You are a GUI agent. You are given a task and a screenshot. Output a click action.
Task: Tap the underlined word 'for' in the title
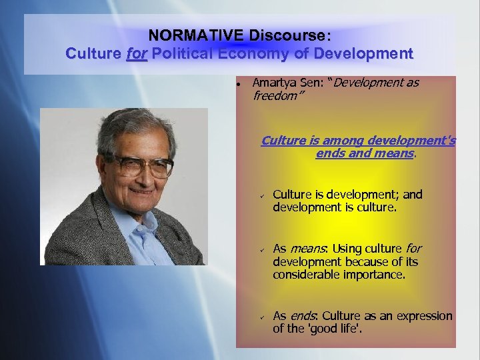tap(137, 53)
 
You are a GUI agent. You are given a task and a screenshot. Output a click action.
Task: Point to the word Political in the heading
tap(184, 53)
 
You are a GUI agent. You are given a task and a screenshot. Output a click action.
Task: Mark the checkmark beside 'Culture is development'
tap(263, 195)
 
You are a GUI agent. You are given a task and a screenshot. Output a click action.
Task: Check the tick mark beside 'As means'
tap(263, 249)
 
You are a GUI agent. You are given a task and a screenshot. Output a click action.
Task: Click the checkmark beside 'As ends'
tap(263, 317)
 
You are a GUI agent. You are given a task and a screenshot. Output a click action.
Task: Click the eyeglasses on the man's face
tap(141, 165)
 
